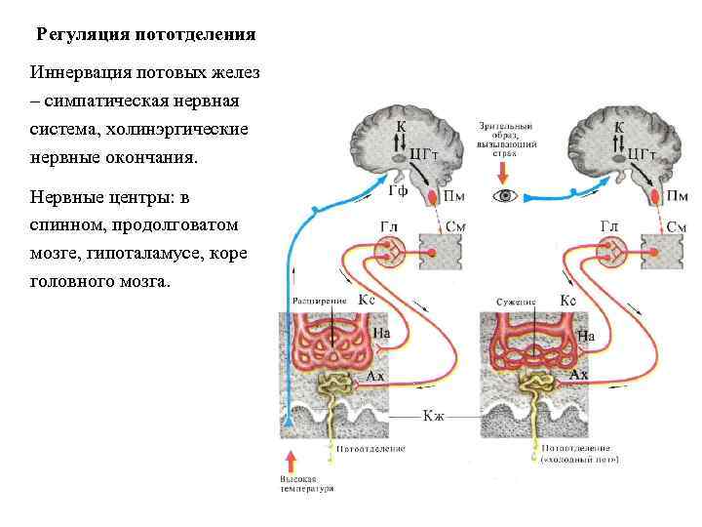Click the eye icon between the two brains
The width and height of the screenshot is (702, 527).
(x=505, y=195)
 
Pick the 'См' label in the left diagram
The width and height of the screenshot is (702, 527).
(x=455, y=227)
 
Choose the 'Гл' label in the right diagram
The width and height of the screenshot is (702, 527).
(x=609, y=226)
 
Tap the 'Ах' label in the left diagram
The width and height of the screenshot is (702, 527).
(x=374, y=375)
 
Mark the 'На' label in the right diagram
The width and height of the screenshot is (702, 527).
(x=587, y=336)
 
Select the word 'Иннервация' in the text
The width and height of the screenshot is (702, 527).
(x=77, y=73)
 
